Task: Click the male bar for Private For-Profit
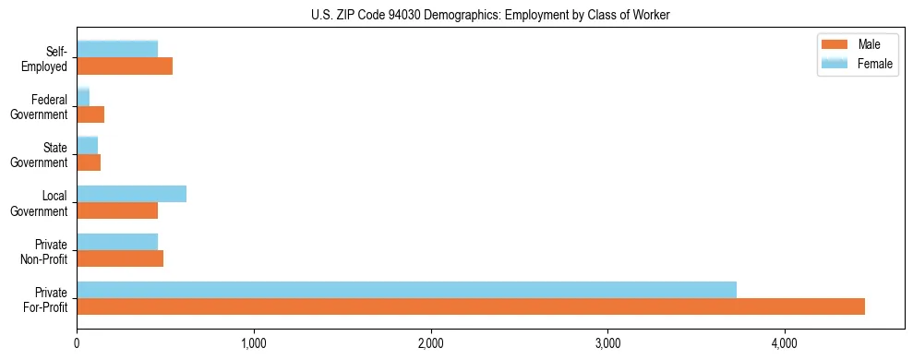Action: tap(471, 306)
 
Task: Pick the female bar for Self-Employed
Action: tap(117, 49)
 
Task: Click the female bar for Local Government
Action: tap(131, 193)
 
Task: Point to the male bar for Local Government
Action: tap(117, 210)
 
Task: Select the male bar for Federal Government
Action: tap(90, 114)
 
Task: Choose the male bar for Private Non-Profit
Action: tap(120, 258)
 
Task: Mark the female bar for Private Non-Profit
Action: tap(117, 242)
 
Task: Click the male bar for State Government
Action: tap(89, 162)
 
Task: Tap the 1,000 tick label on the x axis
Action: tap(254, 344)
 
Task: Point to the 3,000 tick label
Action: tap(607, 344)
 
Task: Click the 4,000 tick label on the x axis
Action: tap(785, 344)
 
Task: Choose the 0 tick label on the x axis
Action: tap(77, 344)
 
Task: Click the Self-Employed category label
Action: tap(48, 58)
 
